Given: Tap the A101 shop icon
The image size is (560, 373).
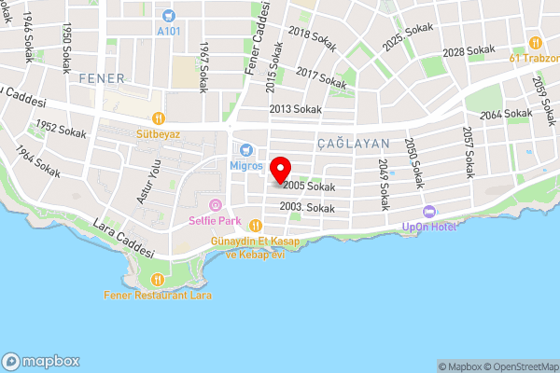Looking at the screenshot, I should (168, 15).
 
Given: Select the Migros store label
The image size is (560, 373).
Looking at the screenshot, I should (245, 165).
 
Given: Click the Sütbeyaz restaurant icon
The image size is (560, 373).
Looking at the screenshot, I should (159, 118).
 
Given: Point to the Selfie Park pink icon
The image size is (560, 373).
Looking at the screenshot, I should (216, 205).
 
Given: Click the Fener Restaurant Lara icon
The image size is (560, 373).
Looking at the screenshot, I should (157, 279).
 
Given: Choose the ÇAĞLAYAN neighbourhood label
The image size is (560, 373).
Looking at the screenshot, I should (352, 143).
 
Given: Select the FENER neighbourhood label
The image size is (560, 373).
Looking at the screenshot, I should (101, 76).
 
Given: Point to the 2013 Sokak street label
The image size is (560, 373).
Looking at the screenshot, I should (295, 109).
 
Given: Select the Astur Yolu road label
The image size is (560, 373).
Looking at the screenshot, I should (144, 181).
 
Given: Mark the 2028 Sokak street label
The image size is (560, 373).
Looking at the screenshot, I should (469, 50).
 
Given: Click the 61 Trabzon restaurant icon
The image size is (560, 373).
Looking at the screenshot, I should (535, 42).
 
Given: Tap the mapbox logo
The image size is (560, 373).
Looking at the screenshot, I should (41, 361).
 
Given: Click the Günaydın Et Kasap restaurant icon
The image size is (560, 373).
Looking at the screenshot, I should (255, 224).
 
